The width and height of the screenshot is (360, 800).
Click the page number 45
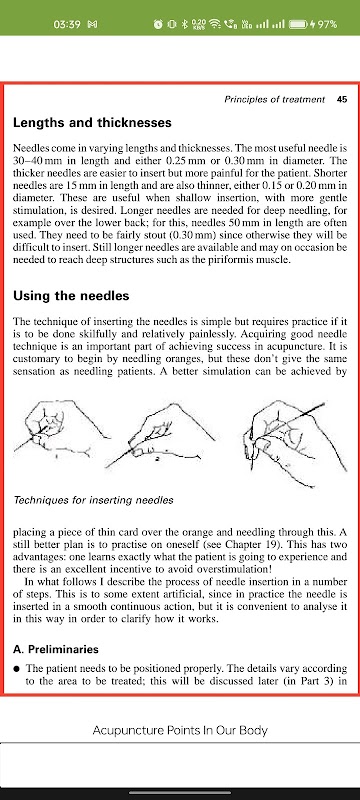click(x=342, y=99)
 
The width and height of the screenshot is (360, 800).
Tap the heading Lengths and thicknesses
click(x=92, y=123)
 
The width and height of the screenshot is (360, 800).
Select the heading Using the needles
click(x=71, y=296)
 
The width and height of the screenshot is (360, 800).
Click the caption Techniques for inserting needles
click(x=93, y=500)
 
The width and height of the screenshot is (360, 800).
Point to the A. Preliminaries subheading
click(x=56, y=649)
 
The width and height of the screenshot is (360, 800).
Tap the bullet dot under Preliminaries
click(x=17, y=668)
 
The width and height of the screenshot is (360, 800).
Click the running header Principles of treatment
click(x=274, y=99)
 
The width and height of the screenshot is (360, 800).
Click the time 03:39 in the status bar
click(x=67, y=23)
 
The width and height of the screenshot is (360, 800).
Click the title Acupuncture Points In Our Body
click(x=180, y=730)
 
